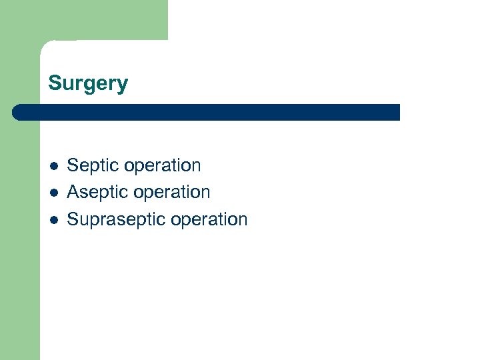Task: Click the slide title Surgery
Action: point(88,84)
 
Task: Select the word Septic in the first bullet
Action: point(91,165)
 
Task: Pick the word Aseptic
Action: point(96,192)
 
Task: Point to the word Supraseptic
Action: point(109,219)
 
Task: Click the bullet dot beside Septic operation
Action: point(53,165)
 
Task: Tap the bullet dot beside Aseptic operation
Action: point(53,192)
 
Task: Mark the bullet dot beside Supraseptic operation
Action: point(53,219)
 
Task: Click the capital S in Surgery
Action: point(54,83)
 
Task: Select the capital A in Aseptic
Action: point(73,192)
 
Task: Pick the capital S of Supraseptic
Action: point(73,219)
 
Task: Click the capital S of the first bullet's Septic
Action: point(73,165)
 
